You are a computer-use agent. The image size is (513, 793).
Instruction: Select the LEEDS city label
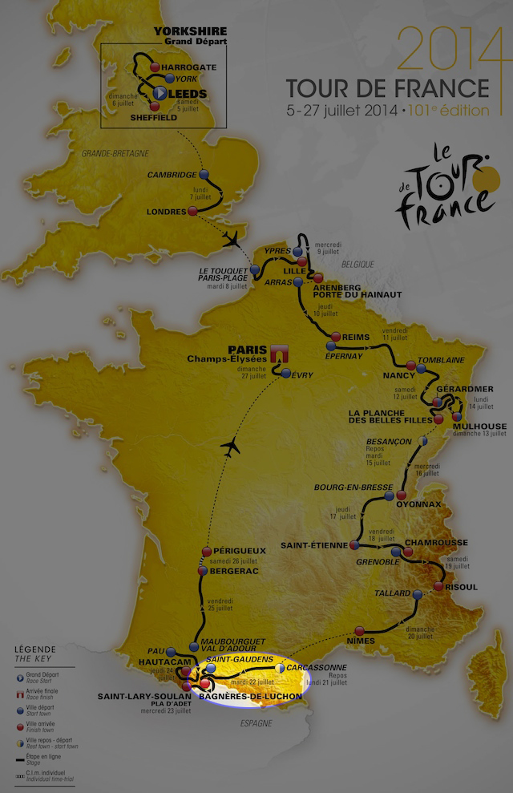188,94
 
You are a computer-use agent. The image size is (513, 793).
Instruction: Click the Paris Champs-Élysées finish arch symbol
280,354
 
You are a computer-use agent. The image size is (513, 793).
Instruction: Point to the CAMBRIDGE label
172,175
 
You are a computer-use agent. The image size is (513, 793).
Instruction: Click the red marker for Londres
192,211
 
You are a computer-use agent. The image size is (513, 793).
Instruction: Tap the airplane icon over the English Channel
233,238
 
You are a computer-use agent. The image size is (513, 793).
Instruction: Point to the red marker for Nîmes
360,630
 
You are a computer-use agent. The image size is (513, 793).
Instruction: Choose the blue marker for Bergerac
203,571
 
